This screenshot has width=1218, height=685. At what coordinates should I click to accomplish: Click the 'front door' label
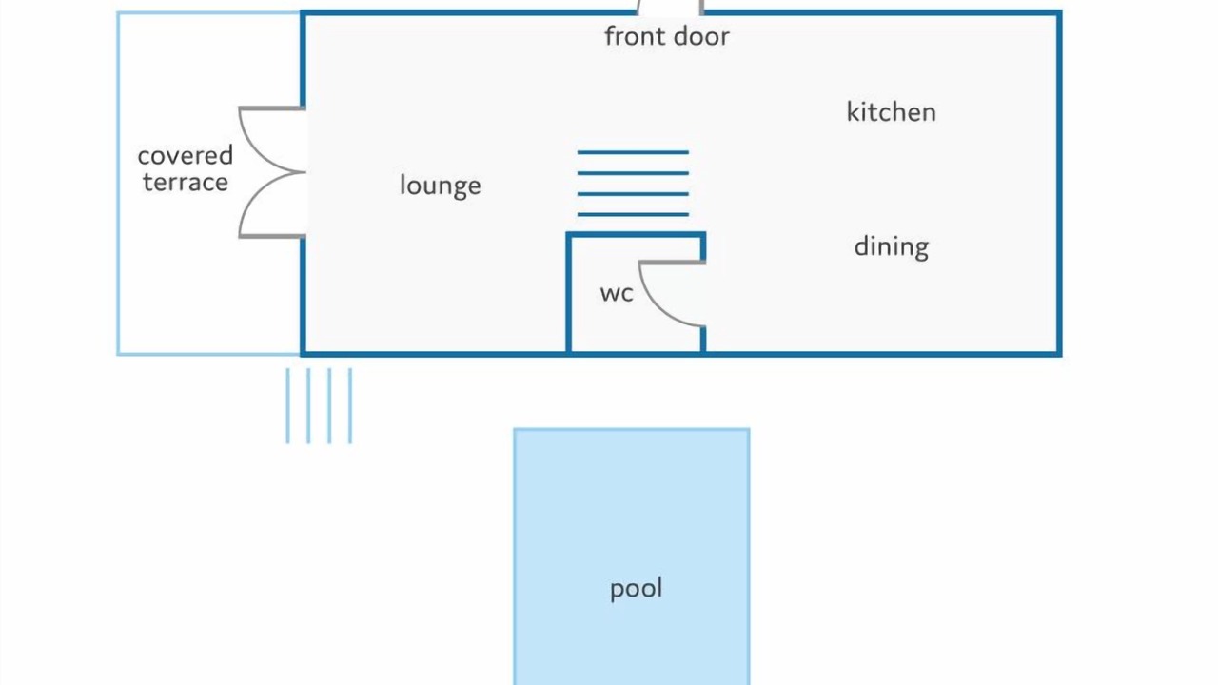[x=667, y=37]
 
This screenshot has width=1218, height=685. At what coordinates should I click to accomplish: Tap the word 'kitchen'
[x=892, y=112]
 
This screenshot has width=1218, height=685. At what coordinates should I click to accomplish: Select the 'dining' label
[x=892, y=247]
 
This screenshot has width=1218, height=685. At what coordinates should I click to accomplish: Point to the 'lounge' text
[x=440, y=186]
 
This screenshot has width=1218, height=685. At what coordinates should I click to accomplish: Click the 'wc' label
[x=617, y=294]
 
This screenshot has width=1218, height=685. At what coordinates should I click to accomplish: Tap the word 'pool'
[x=636, y=589]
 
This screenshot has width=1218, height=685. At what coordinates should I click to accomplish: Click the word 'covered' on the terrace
[x=186, y=156]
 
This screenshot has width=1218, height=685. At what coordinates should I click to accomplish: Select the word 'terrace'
[x=186, y=182]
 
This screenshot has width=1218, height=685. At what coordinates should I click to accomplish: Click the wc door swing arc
[x=654, y=304]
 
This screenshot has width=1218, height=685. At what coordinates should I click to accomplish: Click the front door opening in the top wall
[x=671, y=10]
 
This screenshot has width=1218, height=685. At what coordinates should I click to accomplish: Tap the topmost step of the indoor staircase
[x=633, y=153]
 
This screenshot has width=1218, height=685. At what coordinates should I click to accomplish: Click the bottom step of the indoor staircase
[x=633, y=215]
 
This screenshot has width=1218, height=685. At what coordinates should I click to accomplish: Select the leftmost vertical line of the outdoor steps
[x=287, y=406]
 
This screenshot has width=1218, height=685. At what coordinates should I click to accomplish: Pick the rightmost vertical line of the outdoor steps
[x=350, y=406]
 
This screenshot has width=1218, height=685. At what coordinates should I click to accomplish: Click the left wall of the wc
[x=569, y=294]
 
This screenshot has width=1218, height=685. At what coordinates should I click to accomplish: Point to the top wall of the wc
[x=636, y=235]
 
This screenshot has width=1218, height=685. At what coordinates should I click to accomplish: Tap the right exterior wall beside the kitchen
[x=1059, y=184]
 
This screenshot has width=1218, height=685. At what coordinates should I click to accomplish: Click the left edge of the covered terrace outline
[x=118, y=184]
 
